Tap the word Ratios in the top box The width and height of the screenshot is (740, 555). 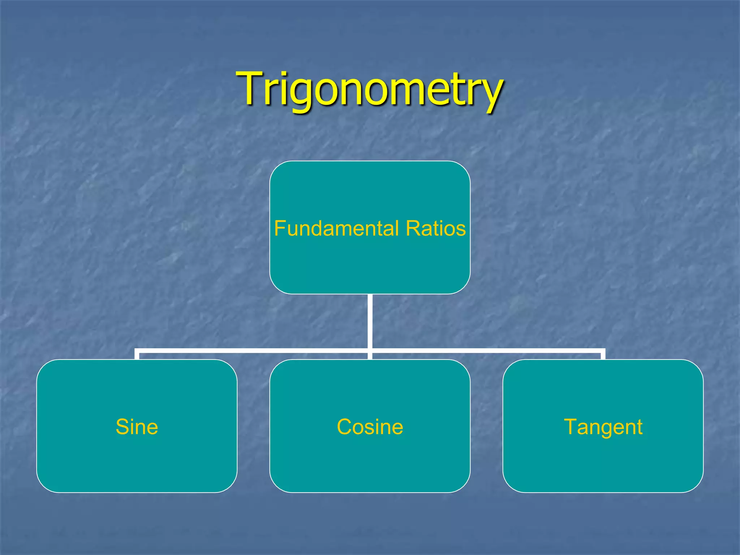(436, 228)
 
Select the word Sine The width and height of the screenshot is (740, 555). (137, 427)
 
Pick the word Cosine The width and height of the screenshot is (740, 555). (370, 427)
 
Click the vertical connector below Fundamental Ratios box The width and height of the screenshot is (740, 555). (370, 322)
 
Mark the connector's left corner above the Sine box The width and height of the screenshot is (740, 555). (137, 351)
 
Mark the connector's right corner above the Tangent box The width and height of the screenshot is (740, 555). (603, 351)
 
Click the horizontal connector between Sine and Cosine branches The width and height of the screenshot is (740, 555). (253, 350)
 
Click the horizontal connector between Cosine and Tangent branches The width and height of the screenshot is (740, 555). (486, 350)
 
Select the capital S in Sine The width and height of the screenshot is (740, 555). (122, 427)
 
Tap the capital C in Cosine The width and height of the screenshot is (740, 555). (344, 427)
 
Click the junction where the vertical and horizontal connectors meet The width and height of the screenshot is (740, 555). (370, 350)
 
